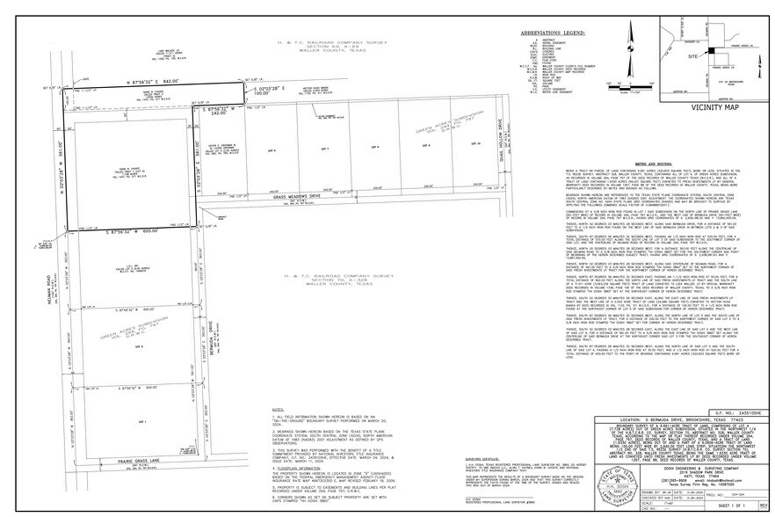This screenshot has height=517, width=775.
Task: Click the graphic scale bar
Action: tap(630, 87)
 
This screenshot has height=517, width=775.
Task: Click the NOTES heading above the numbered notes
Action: tap(278, 410)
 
